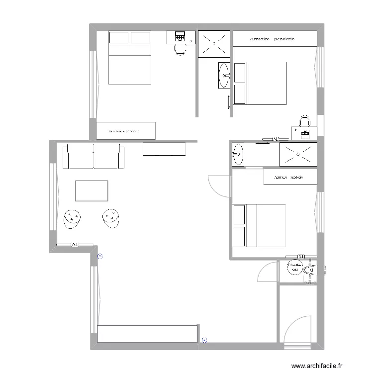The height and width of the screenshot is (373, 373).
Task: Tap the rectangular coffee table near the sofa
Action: point(92,191)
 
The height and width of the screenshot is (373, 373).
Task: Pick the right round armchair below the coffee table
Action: point(111,217)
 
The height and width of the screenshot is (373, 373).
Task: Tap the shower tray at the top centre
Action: point(214,43)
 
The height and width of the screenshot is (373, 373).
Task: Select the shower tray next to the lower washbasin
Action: point(298,154)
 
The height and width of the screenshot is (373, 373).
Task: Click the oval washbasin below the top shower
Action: point(224,76)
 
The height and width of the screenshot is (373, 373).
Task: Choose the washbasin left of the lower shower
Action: point(238,154)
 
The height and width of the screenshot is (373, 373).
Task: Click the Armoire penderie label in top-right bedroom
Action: point(272,39)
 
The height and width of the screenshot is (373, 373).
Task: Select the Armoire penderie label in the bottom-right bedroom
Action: point(289,177)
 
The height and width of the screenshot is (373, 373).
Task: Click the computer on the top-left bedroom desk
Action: point(180,36)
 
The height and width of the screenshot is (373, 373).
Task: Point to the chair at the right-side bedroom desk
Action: point(304,121)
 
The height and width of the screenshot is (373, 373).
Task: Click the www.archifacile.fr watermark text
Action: point(317,366)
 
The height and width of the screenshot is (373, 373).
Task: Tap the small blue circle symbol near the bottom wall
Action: point(204,341)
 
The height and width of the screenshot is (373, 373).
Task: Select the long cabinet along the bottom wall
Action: point(147,334)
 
